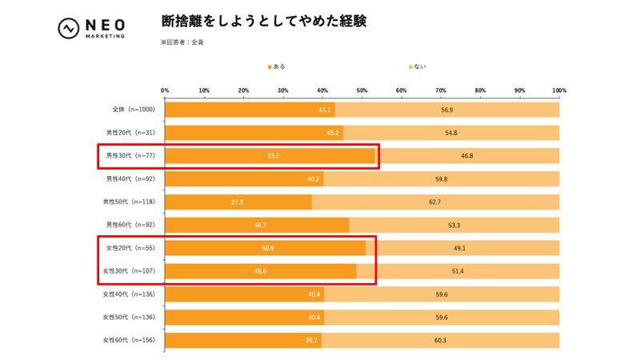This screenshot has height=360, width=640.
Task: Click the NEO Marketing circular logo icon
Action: pos(68,28)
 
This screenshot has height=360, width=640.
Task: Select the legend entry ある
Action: pos(276,66)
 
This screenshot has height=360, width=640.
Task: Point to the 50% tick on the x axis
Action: pos(362,90)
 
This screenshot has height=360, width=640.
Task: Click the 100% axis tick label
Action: pos(558,90)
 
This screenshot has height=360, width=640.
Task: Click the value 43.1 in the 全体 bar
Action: pos(325,110)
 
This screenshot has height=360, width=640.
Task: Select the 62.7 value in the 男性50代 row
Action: pos(434,202)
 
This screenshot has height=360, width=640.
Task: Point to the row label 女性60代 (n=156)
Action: pos(130,341)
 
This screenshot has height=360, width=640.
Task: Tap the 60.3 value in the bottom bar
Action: pos(440,341)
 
